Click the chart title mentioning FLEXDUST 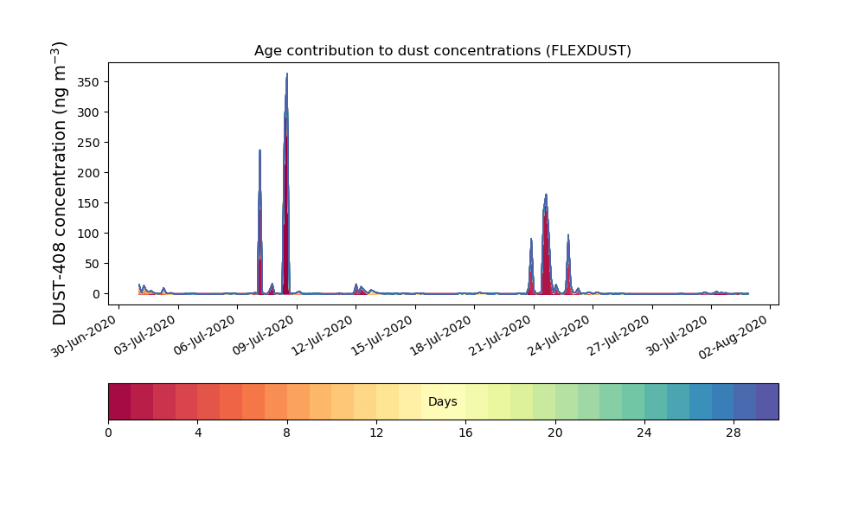(442, 51)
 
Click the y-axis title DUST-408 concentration (59, 183)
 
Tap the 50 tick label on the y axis (93, 264)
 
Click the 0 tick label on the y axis (97, 294)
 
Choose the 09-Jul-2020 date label (263, 335)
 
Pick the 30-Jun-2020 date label (84, 336)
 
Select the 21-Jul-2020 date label (500, 335)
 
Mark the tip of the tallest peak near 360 (287, 74)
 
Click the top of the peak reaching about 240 (259, 150)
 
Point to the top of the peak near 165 (546, 194)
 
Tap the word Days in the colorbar (442, 401)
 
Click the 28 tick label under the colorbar (734, 433)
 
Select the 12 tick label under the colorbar (376, 433)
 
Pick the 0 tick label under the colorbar (108, 433)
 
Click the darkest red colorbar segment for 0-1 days (119, 401)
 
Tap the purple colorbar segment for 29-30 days (767, 401)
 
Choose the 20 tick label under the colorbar (555, 433)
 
